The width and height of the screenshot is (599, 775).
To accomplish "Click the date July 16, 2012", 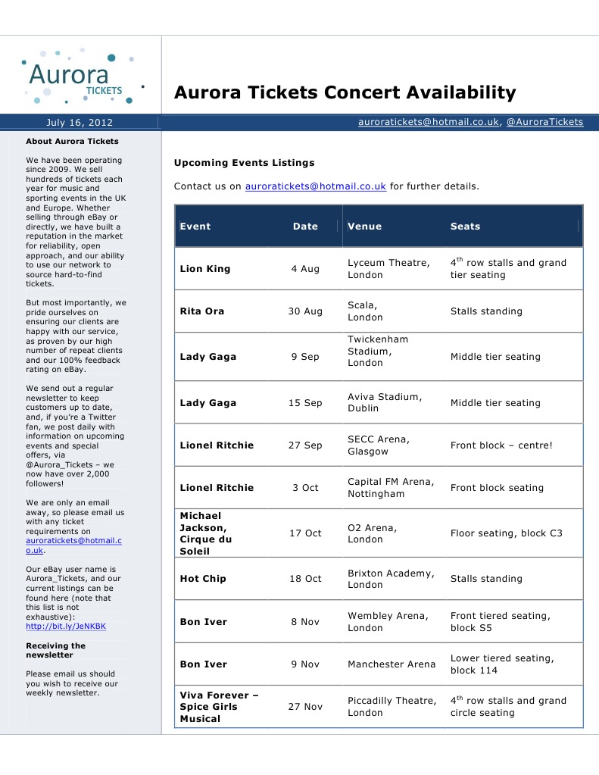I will (x=80, y=122).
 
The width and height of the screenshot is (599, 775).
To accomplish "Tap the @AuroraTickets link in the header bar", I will (x=544, y=122).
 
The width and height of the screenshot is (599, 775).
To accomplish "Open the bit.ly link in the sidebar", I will (x=66, y=627).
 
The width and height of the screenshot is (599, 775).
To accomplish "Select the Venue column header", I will (x=364, y=227).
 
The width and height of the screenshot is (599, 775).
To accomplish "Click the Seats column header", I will (x=465, y=227).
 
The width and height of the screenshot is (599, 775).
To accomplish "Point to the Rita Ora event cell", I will (x=201, y=311).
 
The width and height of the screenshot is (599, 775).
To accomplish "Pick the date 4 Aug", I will (x=305, y=269).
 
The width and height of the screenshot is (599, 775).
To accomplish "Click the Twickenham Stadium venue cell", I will (x=378, y=351).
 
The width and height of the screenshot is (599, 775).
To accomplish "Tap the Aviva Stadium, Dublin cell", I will (x=385, y=402).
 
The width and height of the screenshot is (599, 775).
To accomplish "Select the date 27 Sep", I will (x=305, y=445).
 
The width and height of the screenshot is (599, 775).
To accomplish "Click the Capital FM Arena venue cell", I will (x=391, y=488).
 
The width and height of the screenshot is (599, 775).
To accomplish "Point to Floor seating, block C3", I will (x=506, y=533).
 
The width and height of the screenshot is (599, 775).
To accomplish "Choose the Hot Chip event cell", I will (x=203, y=579).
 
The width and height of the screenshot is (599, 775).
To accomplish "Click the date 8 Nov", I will (x=305, y=622).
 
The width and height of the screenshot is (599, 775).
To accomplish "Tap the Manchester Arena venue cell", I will (x=392, y=664).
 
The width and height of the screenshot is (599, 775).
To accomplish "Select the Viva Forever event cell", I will (x=219, y=707).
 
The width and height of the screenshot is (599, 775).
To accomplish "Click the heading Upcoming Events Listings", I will (x=244, y=163).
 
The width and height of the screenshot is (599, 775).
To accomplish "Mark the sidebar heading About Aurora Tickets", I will (x=72, y=141).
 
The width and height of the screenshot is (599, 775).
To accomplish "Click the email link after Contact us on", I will (x=316, y=186).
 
